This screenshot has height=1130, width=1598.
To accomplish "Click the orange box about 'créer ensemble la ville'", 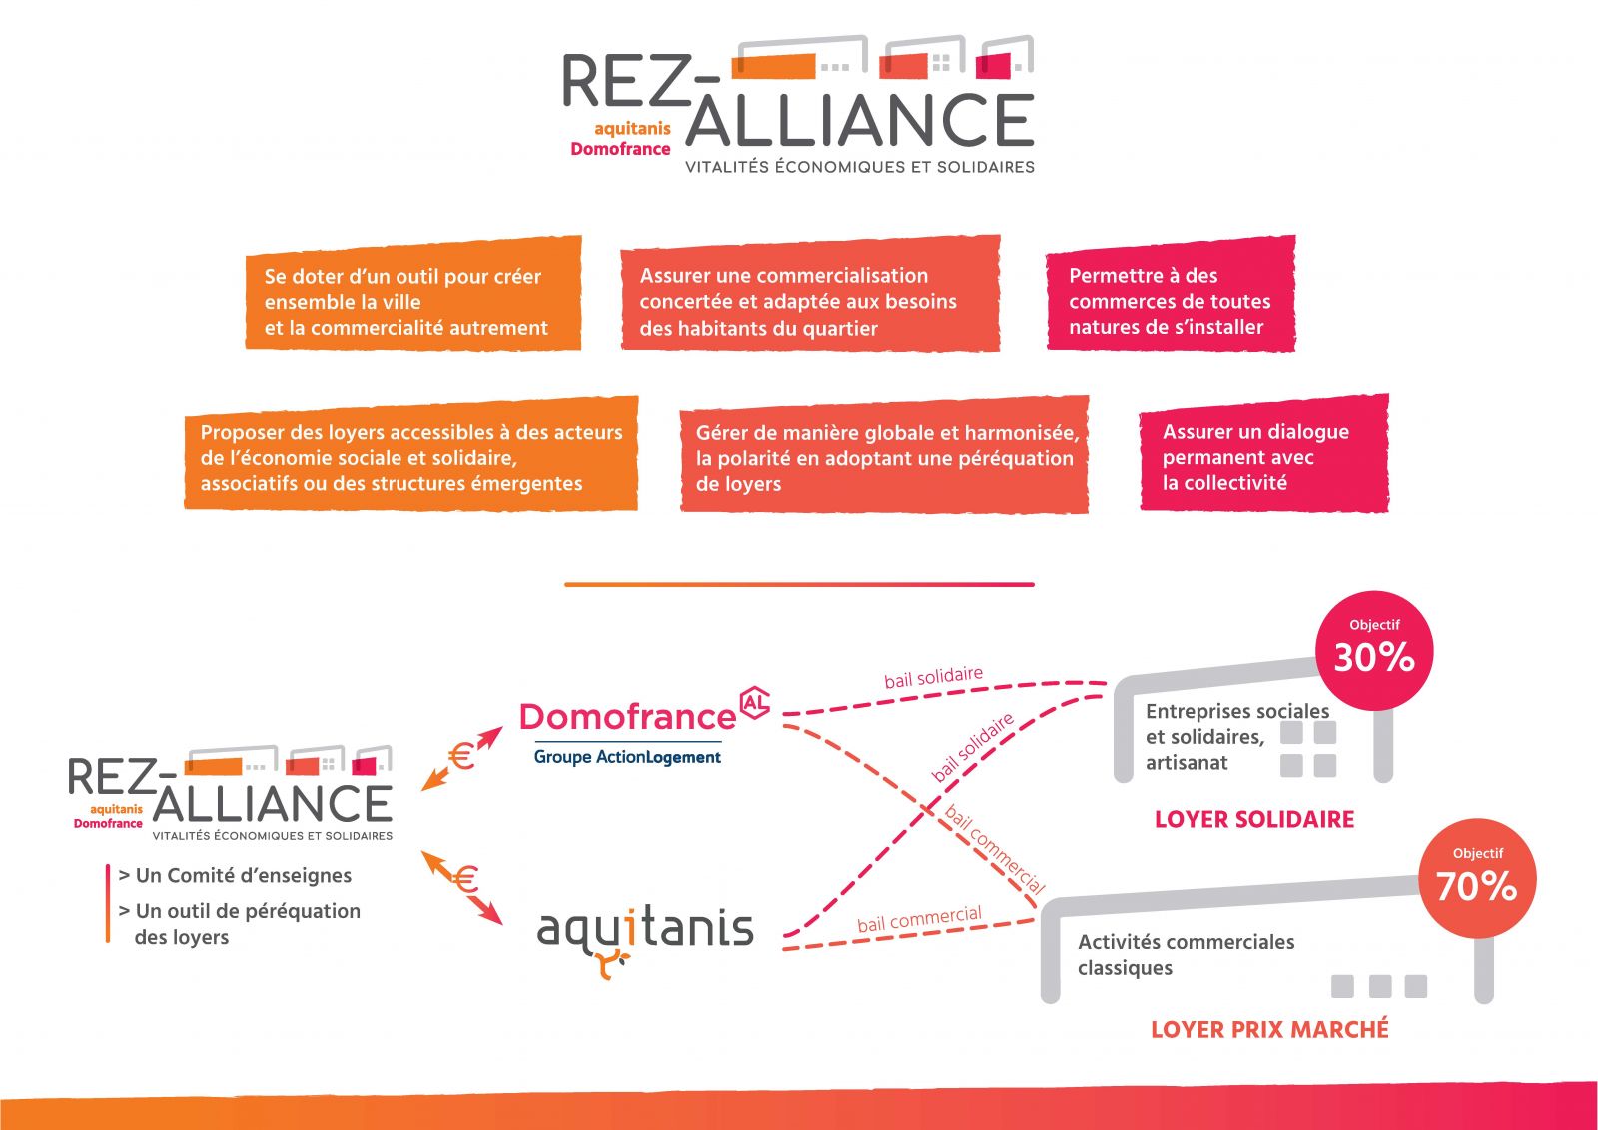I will pyautogui.click(x=412, y=294).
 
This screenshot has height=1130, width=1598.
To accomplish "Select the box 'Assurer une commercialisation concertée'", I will pyautogui.click(x=809, y=294).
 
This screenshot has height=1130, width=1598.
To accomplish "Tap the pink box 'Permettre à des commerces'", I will pyautogui.click(x=1170, y=294).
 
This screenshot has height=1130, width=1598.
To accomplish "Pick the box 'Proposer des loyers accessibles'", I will pyautogui.click(x=410, y=454).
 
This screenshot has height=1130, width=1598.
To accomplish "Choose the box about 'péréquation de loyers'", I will pyautogui.click(x=884, y=455).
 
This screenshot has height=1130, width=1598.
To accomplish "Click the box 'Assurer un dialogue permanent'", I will pyautogui.click(x=1263, y=454).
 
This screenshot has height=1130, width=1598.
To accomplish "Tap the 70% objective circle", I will pyautogui.click(x=1477, y=879).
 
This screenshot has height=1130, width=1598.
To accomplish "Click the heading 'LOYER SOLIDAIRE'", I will pyautogui.click(x=1254, y=820).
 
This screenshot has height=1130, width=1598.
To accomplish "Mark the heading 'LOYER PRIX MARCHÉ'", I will pyautogui.click(x=1269, y=1030).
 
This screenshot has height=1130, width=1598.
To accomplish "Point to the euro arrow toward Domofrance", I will pyautogui.click(x=462, y=757).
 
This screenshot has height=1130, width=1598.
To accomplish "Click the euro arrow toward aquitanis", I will pyautogui.click(x=463, y=884).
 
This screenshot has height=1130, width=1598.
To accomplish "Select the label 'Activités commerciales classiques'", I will pyautogui.click(x=1186, y=954).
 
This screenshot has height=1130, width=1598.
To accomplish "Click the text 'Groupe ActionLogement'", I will pyautogui.click(x=627, y=757).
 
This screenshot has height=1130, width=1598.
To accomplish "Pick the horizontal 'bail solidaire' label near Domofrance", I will pyautogui.click(x=933, y=677).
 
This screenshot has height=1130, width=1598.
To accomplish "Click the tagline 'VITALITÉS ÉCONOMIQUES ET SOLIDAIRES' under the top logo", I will pyautogui.click(x=859, y=167).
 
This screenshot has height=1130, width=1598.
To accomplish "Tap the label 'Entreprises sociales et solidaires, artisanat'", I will pyautogui.click(x=1236, y=737).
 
